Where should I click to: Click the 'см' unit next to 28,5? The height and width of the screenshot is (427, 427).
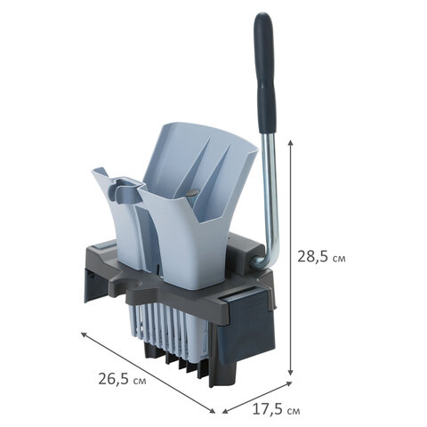(x=339, y=259)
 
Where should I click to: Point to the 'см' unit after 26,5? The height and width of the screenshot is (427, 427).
(x=140, y=381)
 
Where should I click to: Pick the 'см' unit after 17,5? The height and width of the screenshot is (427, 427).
(x=294, y=412)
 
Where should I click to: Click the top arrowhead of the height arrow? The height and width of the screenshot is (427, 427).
(x=291, y=142)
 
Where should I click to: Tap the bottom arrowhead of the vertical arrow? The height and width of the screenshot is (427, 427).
(x=291, y=373)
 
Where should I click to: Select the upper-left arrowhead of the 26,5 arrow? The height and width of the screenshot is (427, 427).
(x=85, y=334)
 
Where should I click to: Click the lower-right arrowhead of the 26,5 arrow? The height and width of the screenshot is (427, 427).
(x=212, y=411)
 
